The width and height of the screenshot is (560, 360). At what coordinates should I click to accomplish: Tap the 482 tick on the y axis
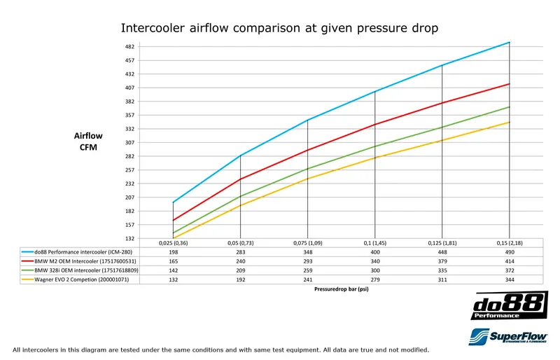[x=129, y=47]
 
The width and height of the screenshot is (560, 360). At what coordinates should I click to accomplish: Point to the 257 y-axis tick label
[x=129, y=169]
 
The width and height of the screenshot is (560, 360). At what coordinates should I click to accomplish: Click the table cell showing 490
[x=509, y=251]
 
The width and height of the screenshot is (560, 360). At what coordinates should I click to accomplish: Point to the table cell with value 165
[x=173, y=261]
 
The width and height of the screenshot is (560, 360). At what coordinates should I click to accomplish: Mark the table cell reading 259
[x=307, y=270]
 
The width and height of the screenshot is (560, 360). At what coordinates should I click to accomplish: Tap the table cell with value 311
[x=442, y=279]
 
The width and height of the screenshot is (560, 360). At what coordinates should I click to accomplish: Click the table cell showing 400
[x=374, y=251]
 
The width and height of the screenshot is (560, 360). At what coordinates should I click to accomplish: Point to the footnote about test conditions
[x=221, y=349]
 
